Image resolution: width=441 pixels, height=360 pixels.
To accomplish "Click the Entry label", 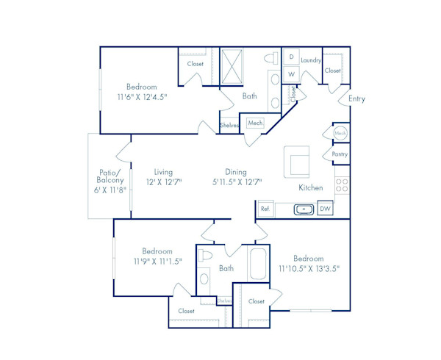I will tap(356, 98).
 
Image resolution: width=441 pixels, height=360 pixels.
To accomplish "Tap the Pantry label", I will tap(340, 154).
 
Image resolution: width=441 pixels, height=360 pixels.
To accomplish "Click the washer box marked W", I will tap(292, 74).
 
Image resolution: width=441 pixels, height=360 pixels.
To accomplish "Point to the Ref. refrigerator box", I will tap(265, 209).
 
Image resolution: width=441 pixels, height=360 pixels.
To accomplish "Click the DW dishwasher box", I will tap(325, 209).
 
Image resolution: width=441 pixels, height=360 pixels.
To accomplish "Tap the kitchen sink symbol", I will tap(304, 209).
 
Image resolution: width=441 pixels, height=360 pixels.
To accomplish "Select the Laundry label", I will tap(311, 60).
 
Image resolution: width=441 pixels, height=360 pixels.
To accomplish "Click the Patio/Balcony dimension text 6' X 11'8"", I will tap(107, 189).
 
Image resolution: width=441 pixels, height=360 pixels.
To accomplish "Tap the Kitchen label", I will tap(310, 188).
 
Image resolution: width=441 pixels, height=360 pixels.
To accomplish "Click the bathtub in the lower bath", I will tap(258, 264).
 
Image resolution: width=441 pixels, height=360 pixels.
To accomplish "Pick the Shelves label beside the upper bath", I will tap(229, 126).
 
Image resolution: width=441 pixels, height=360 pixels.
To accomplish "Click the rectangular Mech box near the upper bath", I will tap(255, 123).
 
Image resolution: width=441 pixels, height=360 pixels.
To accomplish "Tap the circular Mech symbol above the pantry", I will tap(340, 133).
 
